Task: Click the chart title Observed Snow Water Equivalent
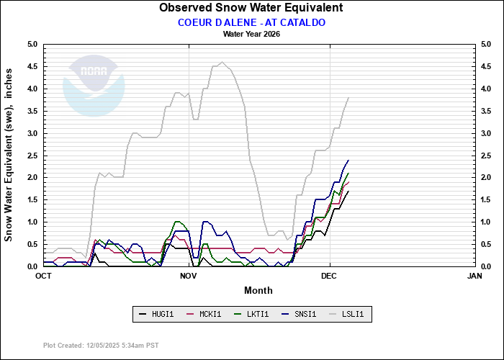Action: pos(251,8)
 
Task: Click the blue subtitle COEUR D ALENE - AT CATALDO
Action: pos(251,22)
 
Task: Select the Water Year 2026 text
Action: pos(251,34)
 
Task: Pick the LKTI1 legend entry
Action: pos(252,314)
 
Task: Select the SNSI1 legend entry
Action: pos(298,314)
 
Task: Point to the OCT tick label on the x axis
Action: pos(43,276)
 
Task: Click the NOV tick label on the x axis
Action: pos(189,276)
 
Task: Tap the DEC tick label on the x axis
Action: pos(329,276)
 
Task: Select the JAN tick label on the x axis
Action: pos(474,276)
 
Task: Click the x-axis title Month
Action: pos(258,290)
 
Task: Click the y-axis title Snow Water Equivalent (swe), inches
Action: pos(9,155)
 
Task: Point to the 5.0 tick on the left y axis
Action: pos(32,45)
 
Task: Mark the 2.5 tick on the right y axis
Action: pos(486,156)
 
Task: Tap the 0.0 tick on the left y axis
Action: pos(32,266)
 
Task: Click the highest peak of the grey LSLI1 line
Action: pos(222,62)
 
